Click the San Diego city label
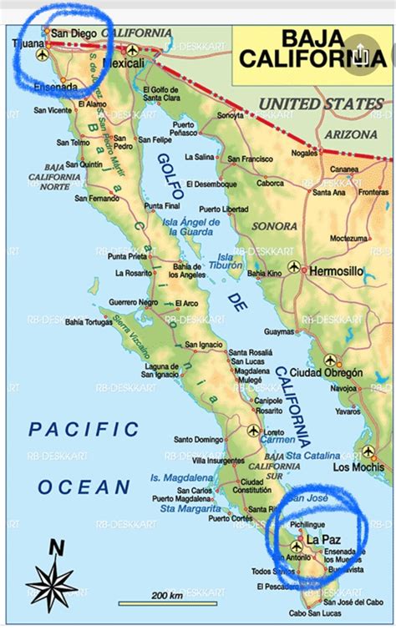click(74, 33)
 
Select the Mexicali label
click(123, 63)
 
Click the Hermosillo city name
click(338, 271)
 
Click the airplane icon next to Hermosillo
click(293, 267)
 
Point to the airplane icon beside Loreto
click(253, 431)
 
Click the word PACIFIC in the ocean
click(84, 430)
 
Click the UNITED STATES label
click(321, 104)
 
